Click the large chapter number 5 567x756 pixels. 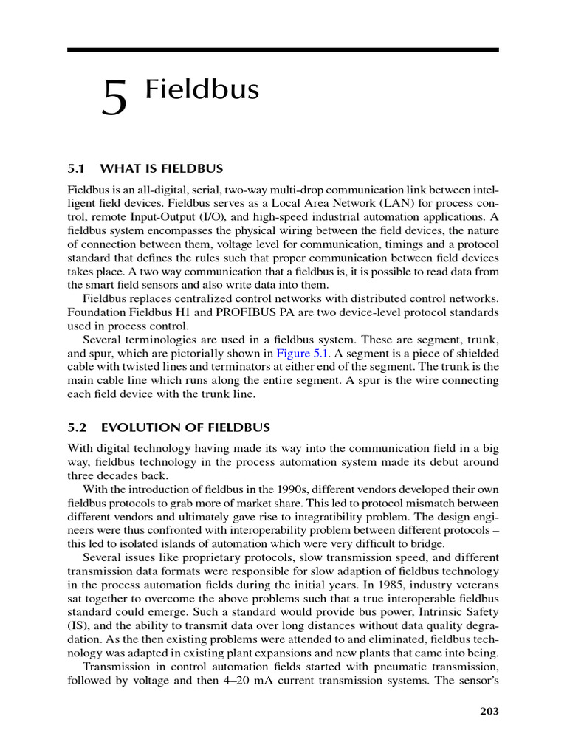pyautogui.click(x=114, y=99)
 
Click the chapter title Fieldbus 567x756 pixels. pyautogui.click(x=202, y=89)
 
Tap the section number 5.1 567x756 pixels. pyautogui.click(x=77, y=168)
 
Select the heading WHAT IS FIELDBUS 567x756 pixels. pyautogui.click(x=162, y=168)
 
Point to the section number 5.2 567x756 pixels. pyautogui.click(x=77, y=427)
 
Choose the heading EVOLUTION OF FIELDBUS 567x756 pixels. pyautogui.click(x=185, y=427)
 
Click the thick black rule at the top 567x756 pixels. pyautogui.click(x=283, y=49)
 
